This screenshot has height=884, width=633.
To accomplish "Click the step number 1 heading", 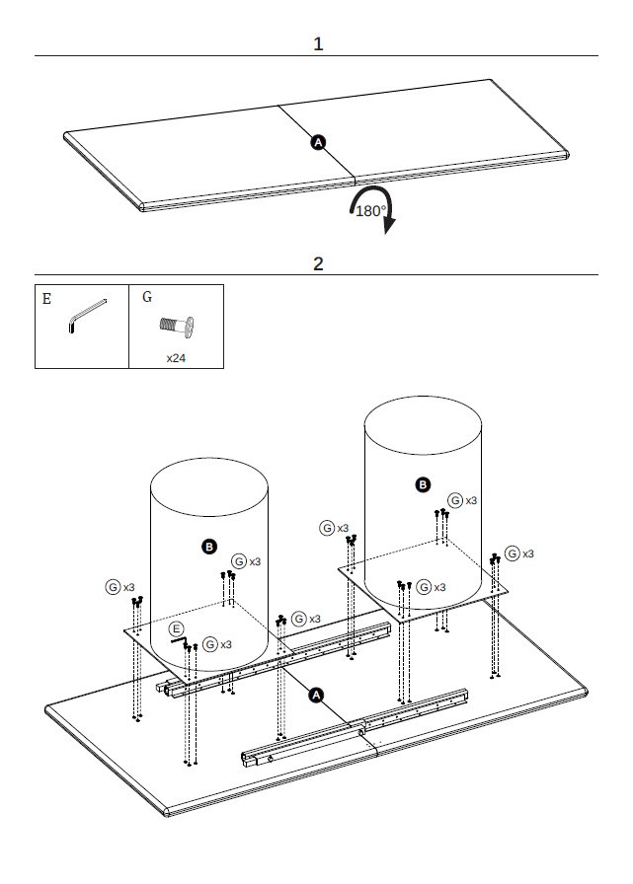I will coord(318,44).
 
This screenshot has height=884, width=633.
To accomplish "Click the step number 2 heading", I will coord(318,263).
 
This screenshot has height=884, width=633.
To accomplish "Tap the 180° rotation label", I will coord(370,211).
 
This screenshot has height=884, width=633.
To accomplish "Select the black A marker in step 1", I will coord(318,142).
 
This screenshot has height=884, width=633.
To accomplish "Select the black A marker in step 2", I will coord(317,695).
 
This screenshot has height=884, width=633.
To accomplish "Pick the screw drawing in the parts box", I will coord(176,325).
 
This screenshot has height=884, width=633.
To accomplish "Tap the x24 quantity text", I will coord(176,358).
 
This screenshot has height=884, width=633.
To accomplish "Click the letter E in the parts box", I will coord(46,297).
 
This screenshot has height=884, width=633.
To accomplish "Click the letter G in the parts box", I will coord(147,296).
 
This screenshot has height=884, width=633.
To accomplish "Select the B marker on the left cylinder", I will coord(208,546).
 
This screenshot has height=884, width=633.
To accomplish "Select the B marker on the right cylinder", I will coord(423,484).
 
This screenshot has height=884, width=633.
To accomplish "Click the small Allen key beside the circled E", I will coord(181,641).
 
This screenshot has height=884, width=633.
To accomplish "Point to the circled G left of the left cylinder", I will coord(114,587).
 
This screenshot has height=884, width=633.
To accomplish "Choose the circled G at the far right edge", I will coord(513,553).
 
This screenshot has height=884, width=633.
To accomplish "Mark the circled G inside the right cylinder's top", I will coord(454,500).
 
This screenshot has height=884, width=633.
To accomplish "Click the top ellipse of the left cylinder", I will coord(208,486).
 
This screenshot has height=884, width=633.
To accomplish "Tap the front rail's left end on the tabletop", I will coord(247,758).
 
